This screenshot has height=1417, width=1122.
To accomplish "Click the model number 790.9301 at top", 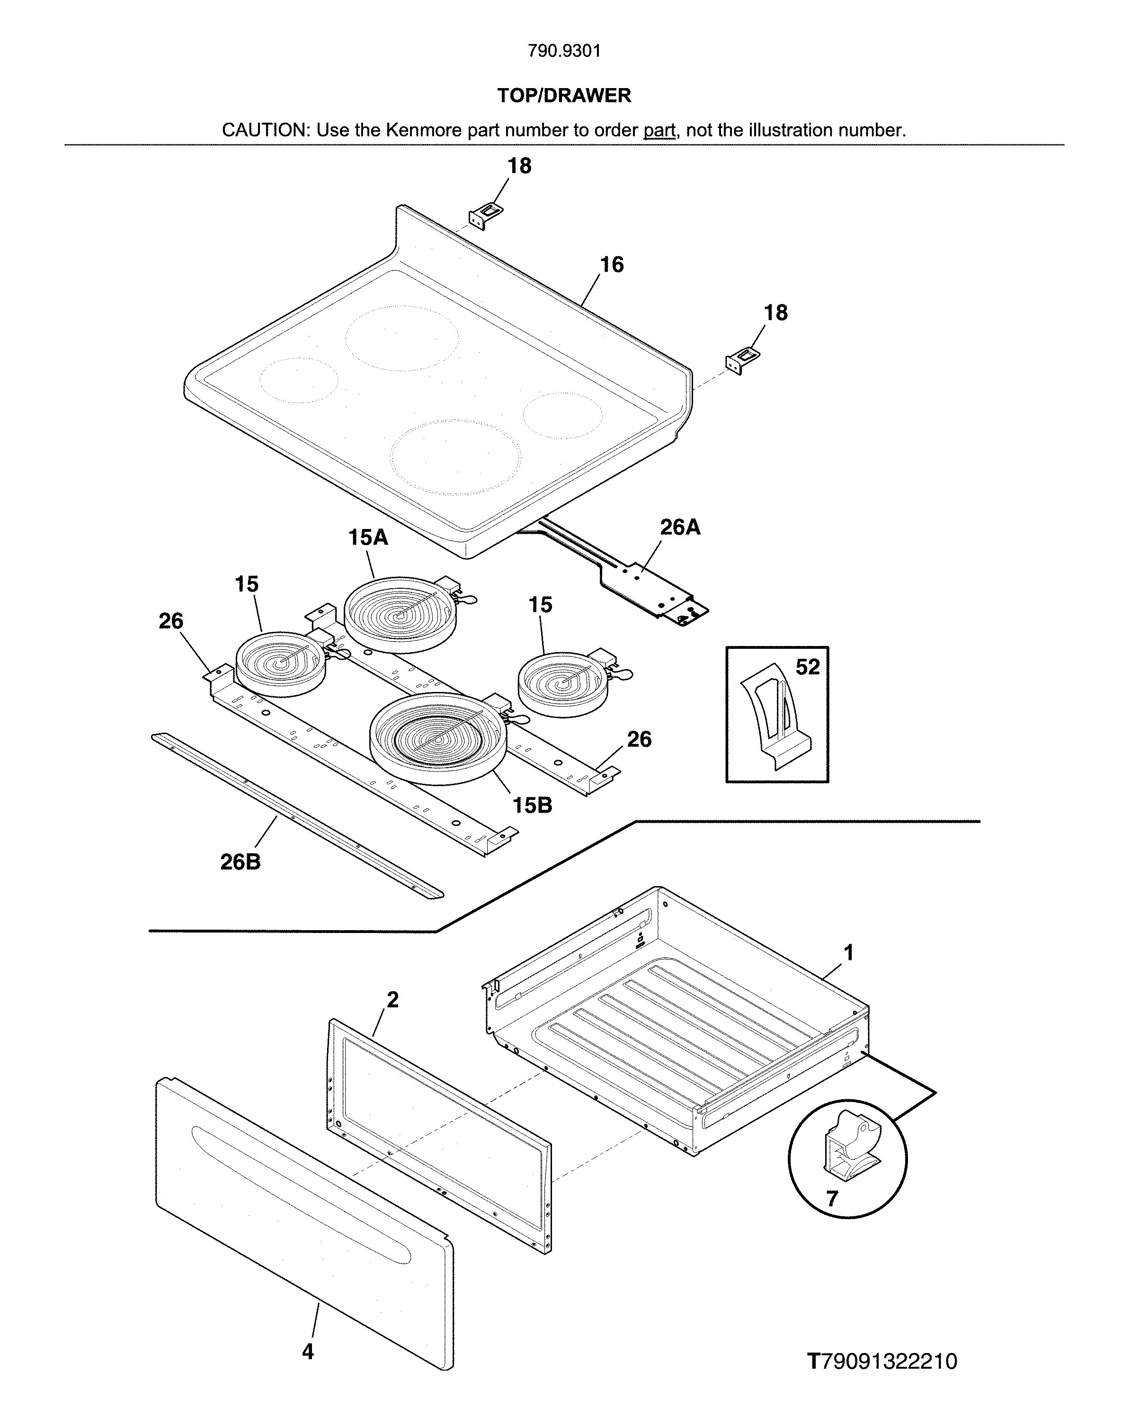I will click(564, 51).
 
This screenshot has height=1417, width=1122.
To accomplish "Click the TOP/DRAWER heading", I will click(564, 96).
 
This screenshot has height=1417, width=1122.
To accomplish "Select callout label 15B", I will click(532, 805).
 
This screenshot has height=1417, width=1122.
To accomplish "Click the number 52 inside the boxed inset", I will click(807, 667).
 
